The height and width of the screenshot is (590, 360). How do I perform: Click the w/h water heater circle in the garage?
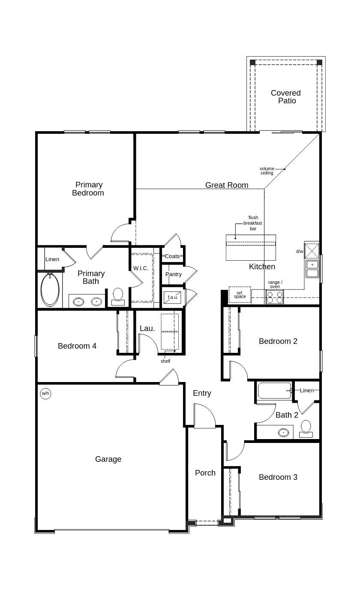(x=45, y=393)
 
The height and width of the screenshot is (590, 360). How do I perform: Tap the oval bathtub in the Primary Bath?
(x=50, y=290)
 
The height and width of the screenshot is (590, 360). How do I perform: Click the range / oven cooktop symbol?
(x=274, y=297)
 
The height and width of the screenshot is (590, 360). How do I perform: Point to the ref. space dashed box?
(x=240, y=295)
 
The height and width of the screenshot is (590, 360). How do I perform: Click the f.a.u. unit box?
(x=173, y=297)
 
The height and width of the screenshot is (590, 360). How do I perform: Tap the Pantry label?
(x=174, y=274)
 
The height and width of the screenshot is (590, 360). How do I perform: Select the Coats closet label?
(x=172, y=256)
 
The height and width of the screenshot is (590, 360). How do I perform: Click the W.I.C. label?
(x=141, y=268)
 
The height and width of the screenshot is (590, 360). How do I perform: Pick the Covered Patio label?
(x=286, y=97)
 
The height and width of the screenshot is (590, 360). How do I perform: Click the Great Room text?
(x=227, y=185)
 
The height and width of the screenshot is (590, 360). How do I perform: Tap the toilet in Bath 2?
(x=306, y=428)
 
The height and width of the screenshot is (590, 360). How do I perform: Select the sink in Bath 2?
(x=283, y=432)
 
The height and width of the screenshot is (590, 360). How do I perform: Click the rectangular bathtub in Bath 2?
(x=275, y=391)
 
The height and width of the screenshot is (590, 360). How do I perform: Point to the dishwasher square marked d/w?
(x=312, y=251)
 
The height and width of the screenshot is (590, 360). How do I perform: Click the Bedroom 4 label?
(x=77, y=346)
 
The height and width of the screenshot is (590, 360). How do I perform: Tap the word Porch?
(x=205, y=473)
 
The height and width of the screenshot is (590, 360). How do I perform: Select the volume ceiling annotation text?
(x=267, y=171)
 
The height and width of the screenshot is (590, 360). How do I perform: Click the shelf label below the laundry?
(x=165, y=361)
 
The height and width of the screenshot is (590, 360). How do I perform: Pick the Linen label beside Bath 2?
(x=307, y=390)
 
